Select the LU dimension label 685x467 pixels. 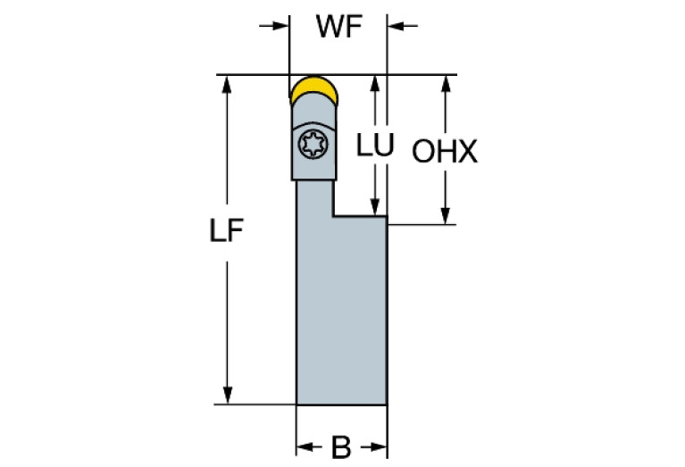pos(375,146)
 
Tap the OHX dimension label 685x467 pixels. pos(444,153)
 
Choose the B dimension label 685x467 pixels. pos(341,447)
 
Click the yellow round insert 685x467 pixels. pos(313,90)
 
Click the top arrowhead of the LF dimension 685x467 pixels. pos(228,83)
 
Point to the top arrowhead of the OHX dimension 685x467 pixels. pos(444,83)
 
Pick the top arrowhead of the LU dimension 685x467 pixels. pos(376,83)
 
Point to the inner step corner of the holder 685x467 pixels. pos(333,215)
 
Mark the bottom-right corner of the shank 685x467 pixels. pos(386,404)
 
